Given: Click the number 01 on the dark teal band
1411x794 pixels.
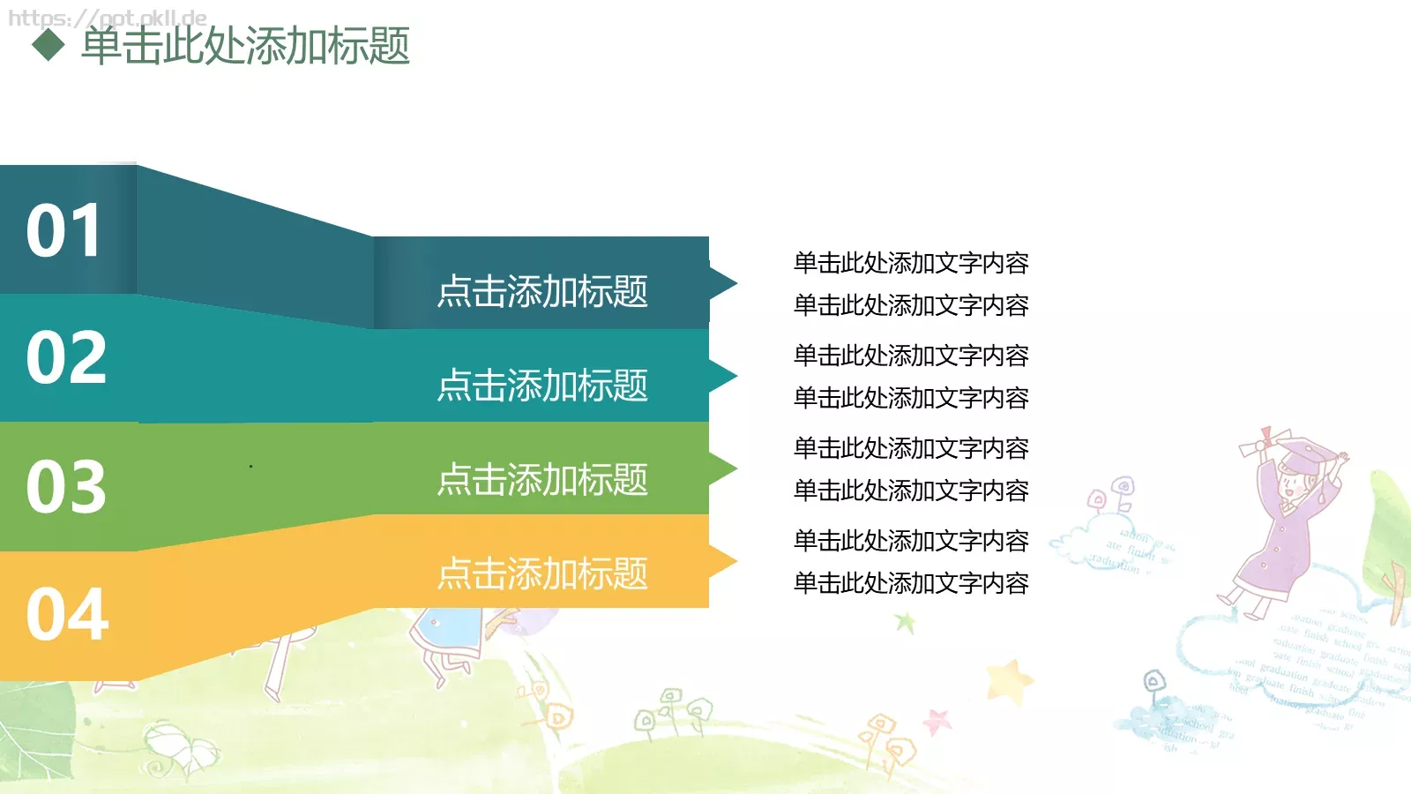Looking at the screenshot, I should [x=63, y=231].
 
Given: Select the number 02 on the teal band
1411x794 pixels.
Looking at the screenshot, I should [x=66, y=358].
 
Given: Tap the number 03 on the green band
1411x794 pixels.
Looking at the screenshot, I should [x=66, y=486].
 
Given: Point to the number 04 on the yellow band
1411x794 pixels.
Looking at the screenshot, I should [x=67, y=615].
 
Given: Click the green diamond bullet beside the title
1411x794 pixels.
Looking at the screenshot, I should [x=49, y=45].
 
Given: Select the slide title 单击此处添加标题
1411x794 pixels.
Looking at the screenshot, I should [x=245, y=46].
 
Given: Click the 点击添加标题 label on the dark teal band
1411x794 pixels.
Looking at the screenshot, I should [x=542, y=291].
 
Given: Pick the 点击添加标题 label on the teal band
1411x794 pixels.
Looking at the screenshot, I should [x=542, y=386].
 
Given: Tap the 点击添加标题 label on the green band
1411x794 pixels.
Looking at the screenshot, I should [x=542, y=480].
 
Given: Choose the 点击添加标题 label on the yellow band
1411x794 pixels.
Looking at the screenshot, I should [x=542, y=573].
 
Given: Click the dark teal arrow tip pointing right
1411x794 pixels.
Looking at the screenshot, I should [x=722, y=283].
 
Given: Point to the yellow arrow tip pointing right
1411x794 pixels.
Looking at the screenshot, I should [x=722, y=562].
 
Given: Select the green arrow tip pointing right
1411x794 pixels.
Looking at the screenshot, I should [x=722, y=468].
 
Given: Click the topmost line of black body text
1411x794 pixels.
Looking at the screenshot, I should [x=911, y=263].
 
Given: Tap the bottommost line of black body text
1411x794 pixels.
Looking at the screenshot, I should [x=911, y=583].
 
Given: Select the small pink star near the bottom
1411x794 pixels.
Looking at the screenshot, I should [x=937, y=722].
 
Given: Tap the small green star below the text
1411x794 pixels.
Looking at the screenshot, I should [x=905, y=623].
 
